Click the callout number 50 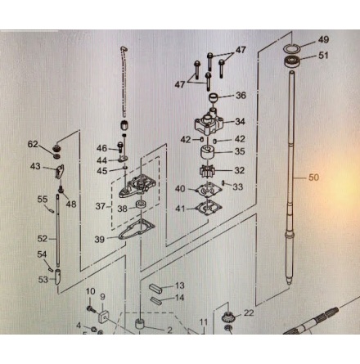coord(313,178)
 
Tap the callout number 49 coord(323,40)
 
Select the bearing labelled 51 coord(292,61)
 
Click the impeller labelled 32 coord(208,172)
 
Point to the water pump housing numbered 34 coord(209,122)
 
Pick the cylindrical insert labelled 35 coord(208,154)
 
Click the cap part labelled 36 coord(214,97)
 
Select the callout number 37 coord(101,206)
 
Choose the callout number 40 coord(180,189)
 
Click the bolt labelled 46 coord(120,146)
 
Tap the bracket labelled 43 coord(60,171)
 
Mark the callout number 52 coord(43,239)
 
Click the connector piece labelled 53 coord(58,276)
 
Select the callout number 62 coord(33,144)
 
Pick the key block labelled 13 coord(155,289)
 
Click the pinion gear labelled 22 coord(227,317)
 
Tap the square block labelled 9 coord(102,317)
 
